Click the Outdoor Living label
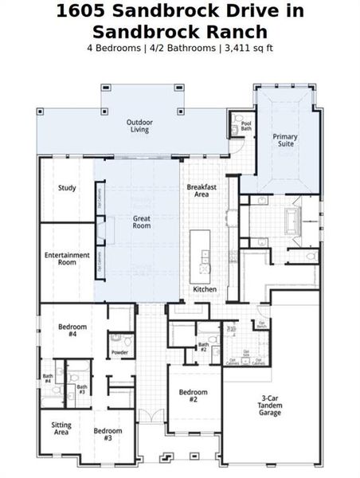point(139,126)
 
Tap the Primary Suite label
point(285,141)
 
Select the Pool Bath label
point(246,127)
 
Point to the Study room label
point(67,189)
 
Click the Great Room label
point(142,222)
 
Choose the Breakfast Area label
point(198,190)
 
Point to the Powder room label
point(119,352)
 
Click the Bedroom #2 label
point(193,396)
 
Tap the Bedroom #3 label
point(108,435)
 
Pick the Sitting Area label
point(61,429)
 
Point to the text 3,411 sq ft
point(248,47)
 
